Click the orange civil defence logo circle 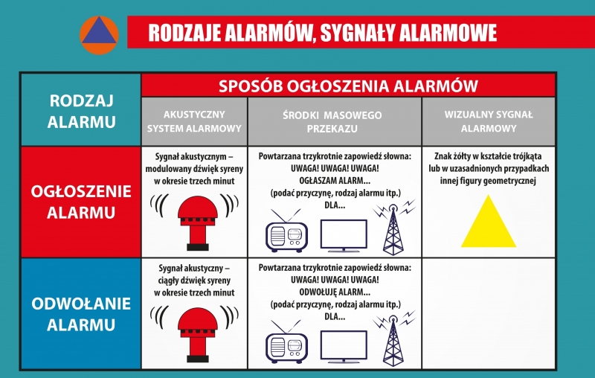click(99, 35)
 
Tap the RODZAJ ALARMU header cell click(81, 110)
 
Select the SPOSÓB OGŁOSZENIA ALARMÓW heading click(348, 86)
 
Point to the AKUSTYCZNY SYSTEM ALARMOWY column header click(194, 121)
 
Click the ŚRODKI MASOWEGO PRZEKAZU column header click(334, 121)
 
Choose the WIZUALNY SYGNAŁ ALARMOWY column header click(489, 121)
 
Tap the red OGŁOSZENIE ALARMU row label click(81, 202)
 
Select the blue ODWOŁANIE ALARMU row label click(81, 314)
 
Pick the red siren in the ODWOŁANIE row click(198, 335)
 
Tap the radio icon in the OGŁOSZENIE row click(286, 231)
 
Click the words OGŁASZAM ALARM click(334, 181)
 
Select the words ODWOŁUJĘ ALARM click(334, 292)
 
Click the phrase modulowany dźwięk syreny click(194, 169)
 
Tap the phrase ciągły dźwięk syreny click(194, 281)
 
